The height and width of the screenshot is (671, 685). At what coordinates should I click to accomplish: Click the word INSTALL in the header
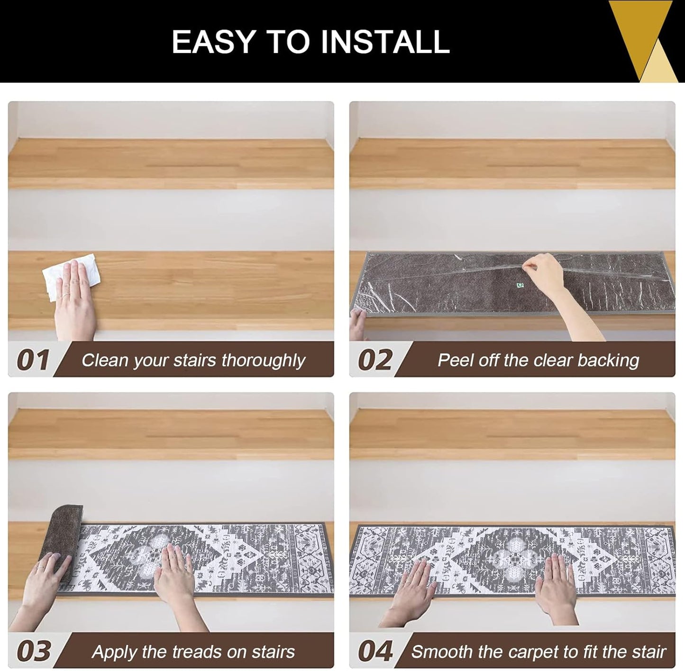(385, 42)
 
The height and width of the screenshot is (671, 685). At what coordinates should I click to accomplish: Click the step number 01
(33, 360)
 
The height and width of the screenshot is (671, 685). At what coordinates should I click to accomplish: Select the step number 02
(375, 360)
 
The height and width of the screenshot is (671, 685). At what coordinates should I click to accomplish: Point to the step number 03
(34, 652)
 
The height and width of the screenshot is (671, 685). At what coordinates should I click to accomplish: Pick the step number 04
(375, 652)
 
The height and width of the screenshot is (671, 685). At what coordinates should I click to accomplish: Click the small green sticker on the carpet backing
(521, 286)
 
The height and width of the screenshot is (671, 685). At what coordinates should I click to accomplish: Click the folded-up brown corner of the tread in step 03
(65, 536)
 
